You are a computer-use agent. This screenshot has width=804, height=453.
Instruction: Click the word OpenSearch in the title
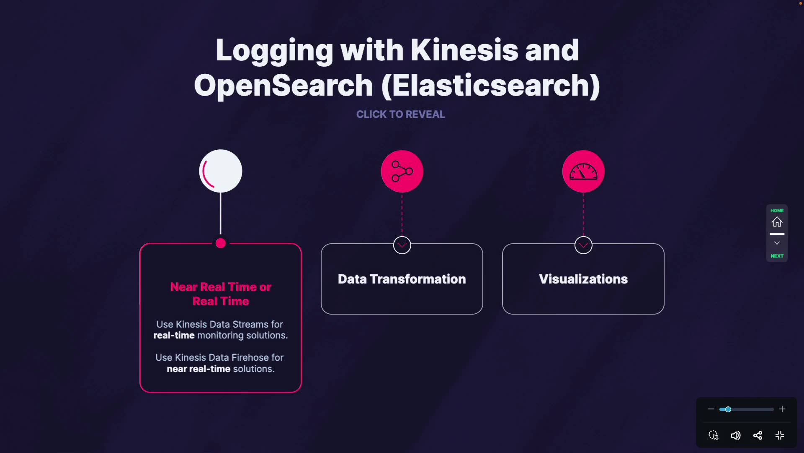click(283, 86)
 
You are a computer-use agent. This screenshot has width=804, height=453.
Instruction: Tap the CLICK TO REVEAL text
click(400, 114)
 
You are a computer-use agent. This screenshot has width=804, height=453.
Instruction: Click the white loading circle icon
click(221, 171)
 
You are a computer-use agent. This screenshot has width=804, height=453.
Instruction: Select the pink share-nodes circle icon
click(402, 171)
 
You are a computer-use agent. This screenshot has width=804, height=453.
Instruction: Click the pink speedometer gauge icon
click(583, 171)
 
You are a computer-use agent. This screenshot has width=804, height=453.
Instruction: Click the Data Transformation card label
click(402, 279)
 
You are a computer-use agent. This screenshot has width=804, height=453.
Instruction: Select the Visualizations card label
click(583, 279)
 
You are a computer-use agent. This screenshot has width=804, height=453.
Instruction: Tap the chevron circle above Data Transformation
click(402, 245)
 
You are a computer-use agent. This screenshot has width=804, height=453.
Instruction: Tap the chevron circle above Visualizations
click(583, 245)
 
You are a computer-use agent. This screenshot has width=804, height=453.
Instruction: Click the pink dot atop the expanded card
click(221, 243)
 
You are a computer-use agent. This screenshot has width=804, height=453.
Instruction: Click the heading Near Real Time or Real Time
click(221, 294)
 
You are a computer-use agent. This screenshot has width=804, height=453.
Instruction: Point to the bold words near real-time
click(198, 369)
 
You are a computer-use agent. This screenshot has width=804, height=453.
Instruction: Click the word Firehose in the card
click(251, 358)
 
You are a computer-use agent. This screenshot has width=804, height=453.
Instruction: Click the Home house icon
click(777, 222)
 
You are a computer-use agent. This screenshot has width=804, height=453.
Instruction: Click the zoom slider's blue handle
click(728, 409)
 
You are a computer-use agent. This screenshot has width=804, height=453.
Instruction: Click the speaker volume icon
click(735, 435)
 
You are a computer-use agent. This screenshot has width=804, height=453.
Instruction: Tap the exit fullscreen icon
click(780, 435)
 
